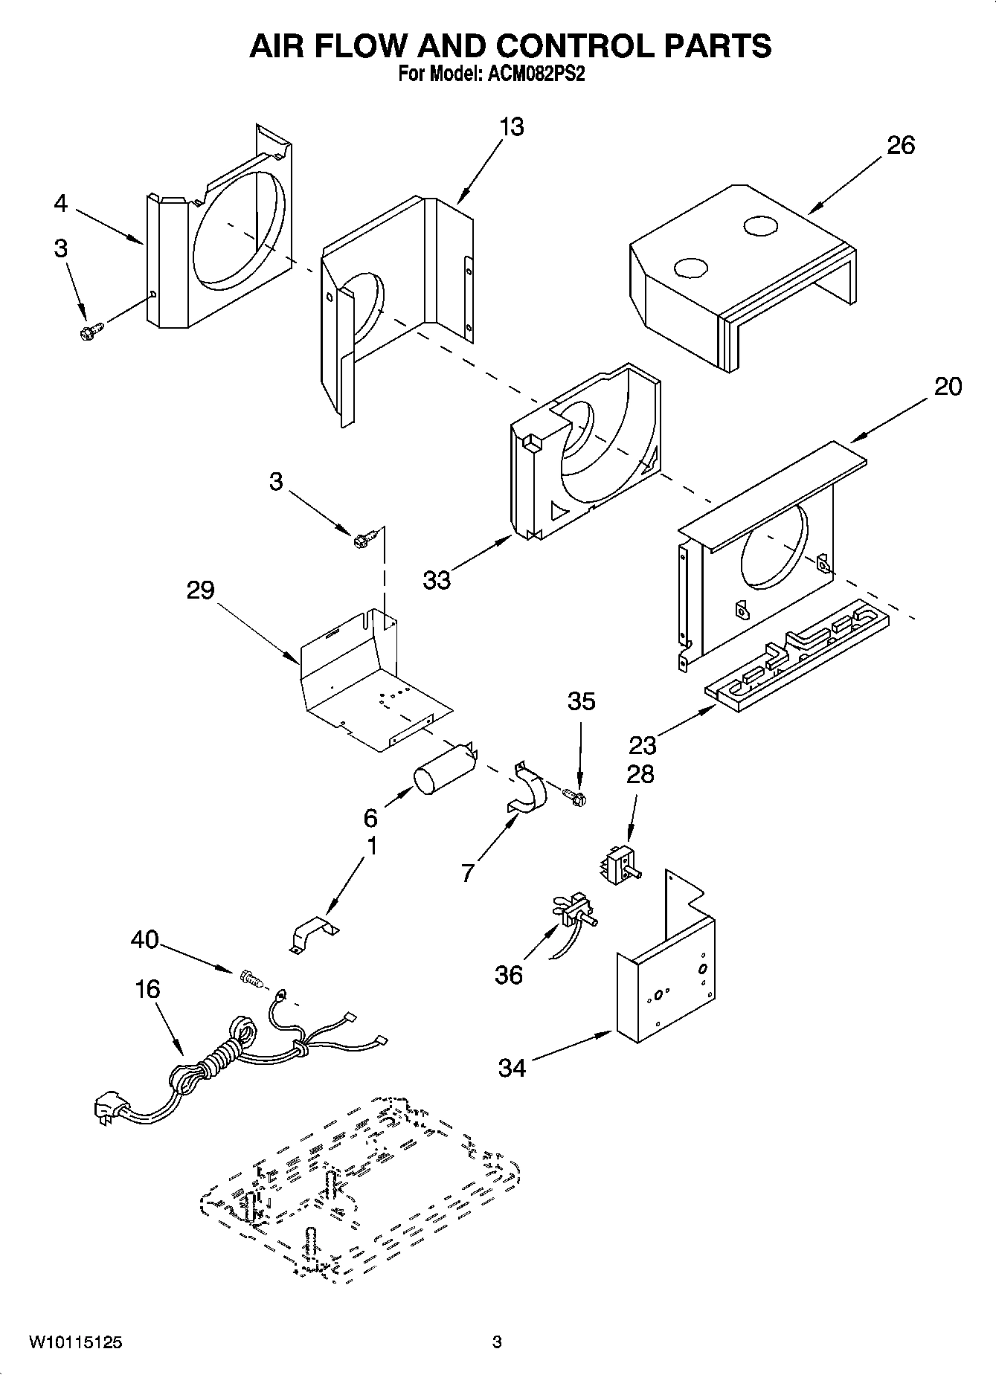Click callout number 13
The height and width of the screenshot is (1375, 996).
point(512,127)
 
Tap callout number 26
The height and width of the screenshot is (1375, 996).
point(900,145)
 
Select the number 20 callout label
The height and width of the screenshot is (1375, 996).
point(947,387)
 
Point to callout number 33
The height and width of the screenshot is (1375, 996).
point(437,580)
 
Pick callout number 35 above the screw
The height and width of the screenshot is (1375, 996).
point(582,701)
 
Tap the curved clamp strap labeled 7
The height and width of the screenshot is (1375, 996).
point(528,790)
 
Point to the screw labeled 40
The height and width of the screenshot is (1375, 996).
point(251,980)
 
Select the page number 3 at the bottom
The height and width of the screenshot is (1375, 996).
point(497,1342)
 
